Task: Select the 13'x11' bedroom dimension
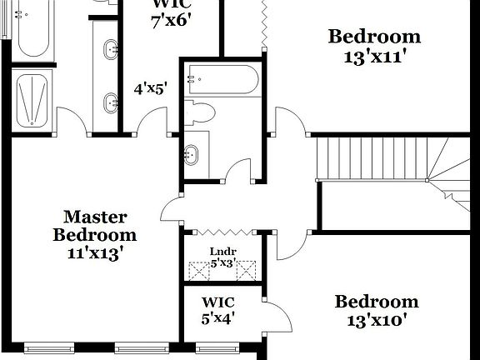(x=374, y=58)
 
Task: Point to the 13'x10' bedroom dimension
(x=376, y=319)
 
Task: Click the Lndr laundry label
(x=223, y=252)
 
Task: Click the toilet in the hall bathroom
(x=200, y=112)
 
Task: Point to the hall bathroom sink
(x=192, y=153)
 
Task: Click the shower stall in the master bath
(x=33, y=99)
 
